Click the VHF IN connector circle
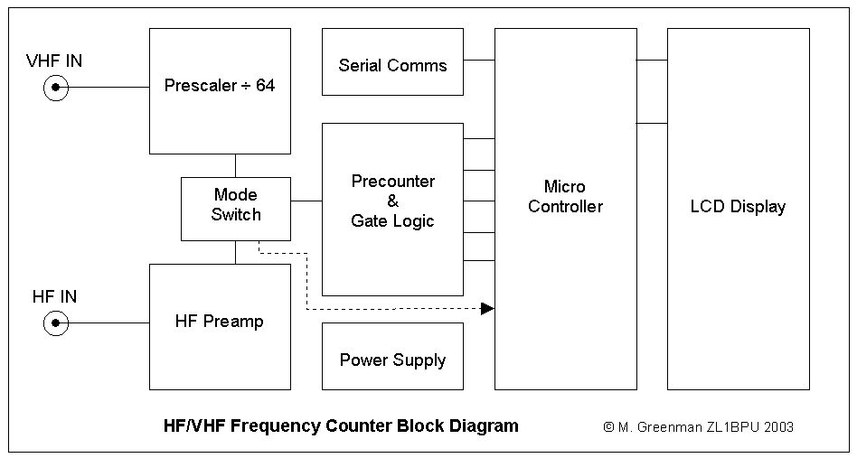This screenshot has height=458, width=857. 55,88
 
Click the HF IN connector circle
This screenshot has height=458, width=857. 55,322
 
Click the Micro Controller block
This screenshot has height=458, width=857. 566,209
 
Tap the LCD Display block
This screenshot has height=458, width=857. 738,209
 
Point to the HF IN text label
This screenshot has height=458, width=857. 54,296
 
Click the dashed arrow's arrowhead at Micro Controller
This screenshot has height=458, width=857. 488,309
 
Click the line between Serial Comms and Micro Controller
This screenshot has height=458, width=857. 479,61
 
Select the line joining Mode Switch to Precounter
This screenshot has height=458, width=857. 306,200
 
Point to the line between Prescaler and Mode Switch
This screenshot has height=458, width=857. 236,165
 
